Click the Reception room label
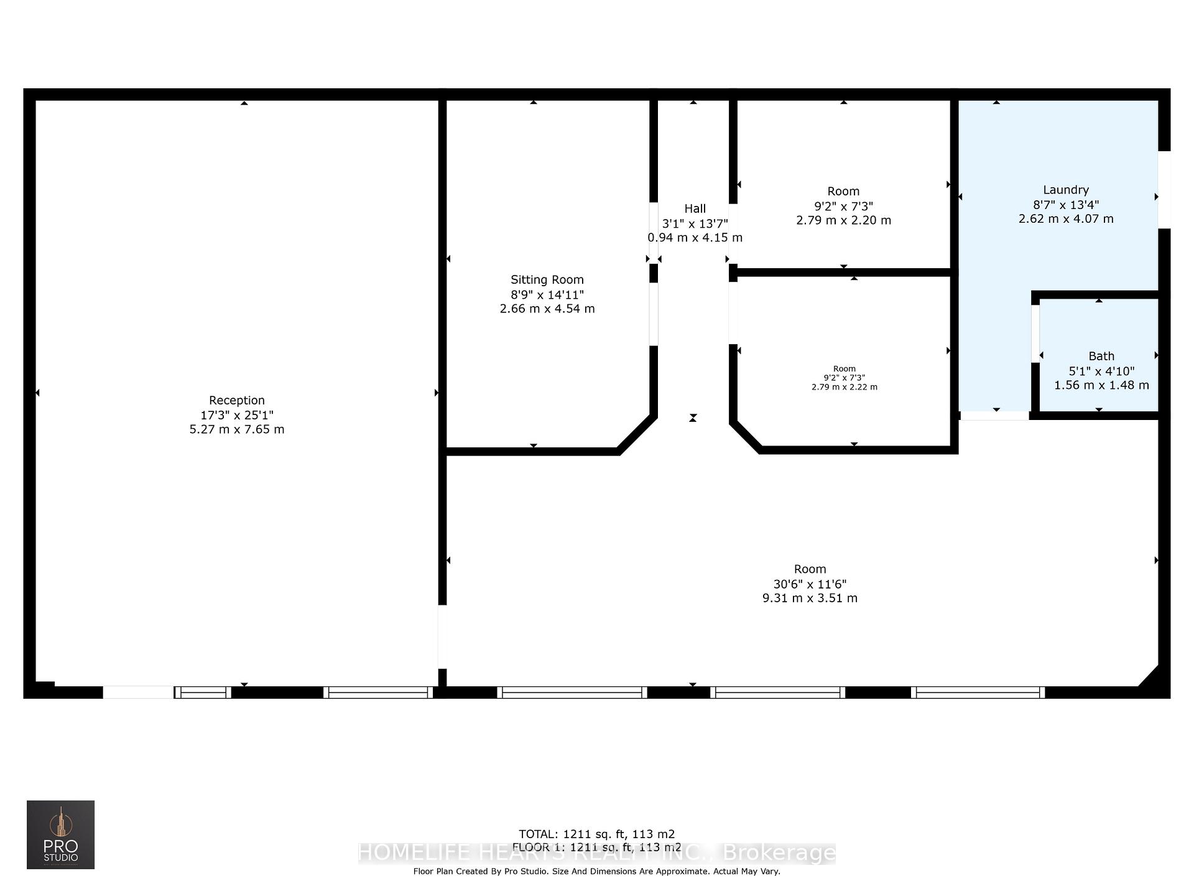(x=236, y=400)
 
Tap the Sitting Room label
(x=547, y=279)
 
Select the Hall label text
(x=695, y=208)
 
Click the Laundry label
(x=1065, y=190)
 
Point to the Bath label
(x=1101, y=356)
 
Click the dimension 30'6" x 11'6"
(x=810, y=584)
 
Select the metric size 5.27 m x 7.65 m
(x=236, y=429)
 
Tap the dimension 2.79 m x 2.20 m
(x=843, y=220)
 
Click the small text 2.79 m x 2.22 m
(x=844, y=387)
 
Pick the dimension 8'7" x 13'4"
(x=1065, y=205)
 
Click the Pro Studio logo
(x=60, y=834)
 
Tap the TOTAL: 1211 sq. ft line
(x=596, y=834)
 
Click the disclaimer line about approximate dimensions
(x=596, y=871)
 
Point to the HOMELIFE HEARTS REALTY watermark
(x=596, y=852)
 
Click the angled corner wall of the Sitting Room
(x=637, y=434)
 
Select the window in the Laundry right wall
(x=1164, y=190)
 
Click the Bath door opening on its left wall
(x=1035, y=334)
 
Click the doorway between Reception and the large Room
(x=442, y=637)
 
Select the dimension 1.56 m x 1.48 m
(x=1101, y=385)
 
